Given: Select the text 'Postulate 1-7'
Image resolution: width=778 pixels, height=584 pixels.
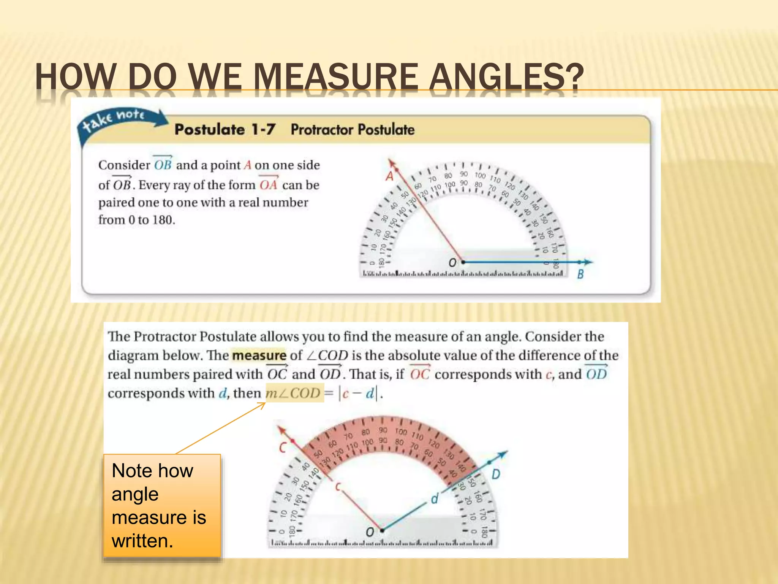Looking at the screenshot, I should point(225,130).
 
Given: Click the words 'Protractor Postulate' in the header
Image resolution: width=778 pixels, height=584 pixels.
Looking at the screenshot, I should point(353,130).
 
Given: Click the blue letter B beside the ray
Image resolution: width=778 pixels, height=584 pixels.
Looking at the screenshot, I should point(580,274).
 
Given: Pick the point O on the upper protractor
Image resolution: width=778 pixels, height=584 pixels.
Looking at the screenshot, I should point(463,262).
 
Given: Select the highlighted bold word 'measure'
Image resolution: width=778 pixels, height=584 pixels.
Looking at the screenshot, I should point(259,355).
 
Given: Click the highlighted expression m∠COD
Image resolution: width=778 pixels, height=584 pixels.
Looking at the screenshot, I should point(293,393).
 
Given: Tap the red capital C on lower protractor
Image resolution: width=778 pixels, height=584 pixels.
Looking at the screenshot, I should point(282,447).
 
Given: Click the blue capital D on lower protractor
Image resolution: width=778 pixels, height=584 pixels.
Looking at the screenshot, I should point(496,474).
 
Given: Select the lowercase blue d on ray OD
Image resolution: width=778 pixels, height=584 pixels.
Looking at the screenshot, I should point(435,498).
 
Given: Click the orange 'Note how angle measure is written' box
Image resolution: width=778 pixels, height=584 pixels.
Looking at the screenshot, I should point(162,506).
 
